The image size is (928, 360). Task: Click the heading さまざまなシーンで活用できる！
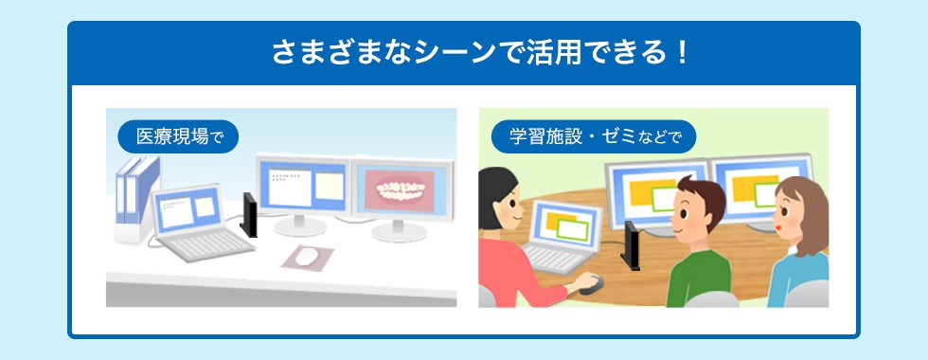[x=481, y=53]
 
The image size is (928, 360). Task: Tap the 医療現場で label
[x=178, y=136]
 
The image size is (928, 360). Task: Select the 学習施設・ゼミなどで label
[x=594, y=136]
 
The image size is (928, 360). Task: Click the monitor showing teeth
[x=403, y=189]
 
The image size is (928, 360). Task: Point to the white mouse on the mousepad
[x=306, y=257]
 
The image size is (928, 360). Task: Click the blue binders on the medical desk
[x=137, y=189]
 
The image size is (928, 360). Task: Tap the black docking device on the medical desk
[x=249, y=214]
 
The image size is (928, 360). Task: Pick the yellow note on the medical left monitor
[x=330, y=186]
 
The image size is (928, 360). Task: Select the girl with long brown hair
[x=799, y=242]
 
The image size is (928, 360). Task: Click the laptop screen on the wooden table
[x=567, y=223]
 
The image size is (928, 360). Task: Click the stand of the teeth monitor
[x=400, y=230]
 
